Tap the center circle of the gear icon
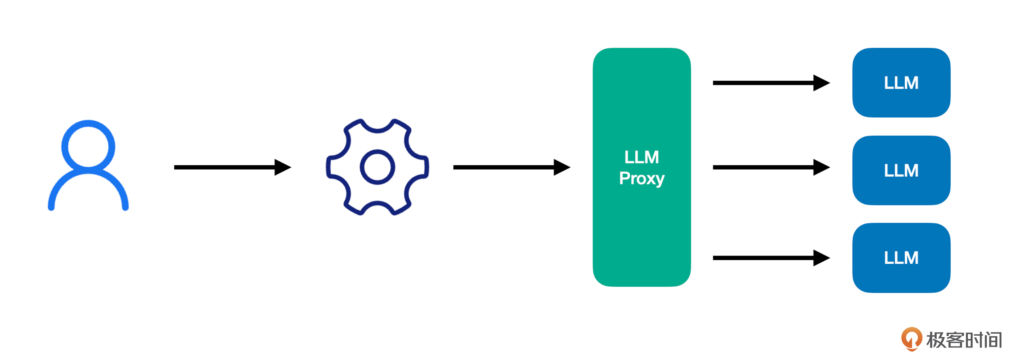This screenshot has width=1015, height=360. [377, 167]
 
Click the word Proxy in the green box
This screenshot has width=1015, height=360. [641, 179]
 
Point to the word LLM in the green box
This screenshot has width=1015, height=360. [641, 158]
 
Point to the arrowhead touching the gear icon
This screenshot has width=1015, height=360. [283, 167]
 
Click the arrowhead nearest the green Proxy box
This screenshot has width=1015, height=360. [562, 167]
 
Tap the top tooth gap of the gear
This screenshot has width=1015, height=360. [378, 127]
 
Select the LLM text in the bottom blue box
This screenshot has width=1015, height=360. [901, 258]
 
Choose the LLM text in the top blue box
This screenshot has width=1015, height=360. [901, 83]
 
